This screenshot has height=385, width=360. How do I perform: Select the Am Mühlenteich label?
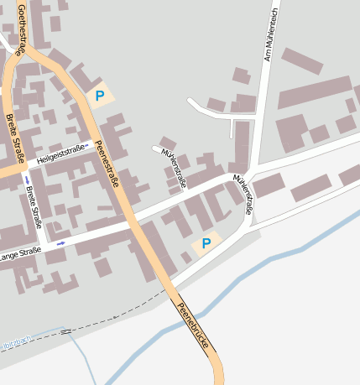[x=270, y=35]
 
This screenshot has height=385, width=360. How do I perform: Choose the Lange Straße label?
[x=20, y=254]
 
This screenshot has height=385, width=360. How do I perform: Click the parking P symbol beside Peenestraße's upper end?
[x=100, y=96]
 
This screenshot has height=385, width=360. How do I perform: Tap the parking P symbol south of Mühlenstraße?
[x=206, y=243]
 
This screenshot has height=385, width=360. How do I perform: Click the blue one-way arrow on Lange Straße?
[x=61, y=243]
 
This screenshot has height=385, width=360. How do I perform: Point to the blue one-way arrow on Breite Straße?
[x=27, y=180]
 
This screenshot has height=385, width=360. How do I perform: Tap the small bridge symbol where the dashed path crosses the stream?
[x=65, y=332]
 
